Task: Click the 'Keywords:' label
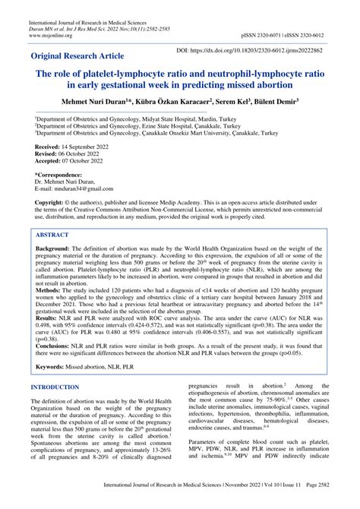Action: [54, 387]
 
